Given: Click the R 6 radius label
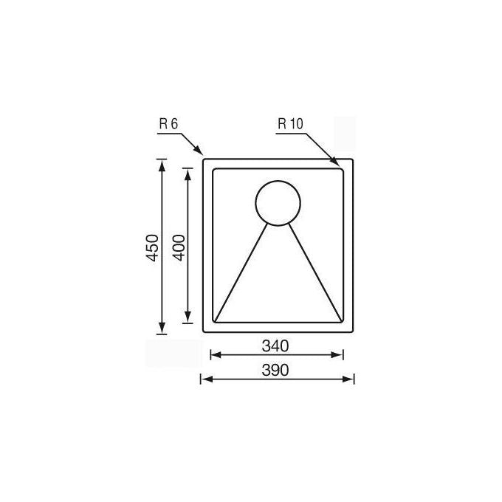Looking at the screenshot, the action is point(168,124).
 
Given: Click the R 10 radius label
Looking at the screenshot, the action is point(290,124).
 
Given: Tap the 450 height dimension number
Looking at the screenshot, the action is point(152,248).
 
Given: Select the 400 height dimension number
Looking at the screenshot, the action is point(179,248).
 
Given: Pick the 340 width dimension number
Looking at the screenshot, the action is point(275,345).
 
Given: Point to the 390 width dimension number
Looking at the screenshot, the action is point(275,370).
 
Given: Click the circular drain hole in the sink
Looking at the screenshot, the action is point(278,203).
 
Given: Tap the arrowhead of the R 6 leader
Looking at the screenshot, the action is point(198,150).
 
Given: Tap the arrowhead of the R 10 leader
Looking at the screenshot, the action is point(334,161).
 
